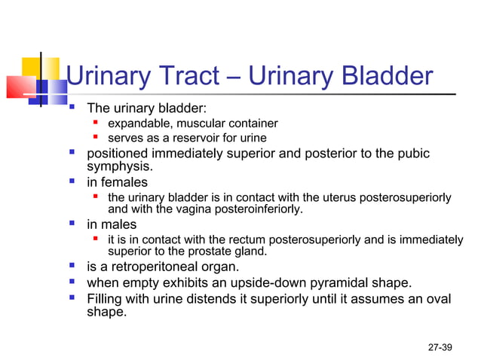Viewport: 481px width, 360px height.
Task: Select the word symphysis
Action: click(x=120, y=166)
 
